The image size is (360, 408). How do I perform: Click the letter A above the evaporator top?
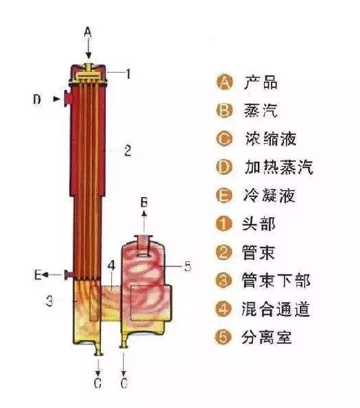point(87,31)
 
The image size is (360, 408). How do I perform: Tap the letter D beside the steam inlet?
point(37,100)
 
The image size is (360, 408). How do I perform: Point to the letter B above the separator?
point(144,202)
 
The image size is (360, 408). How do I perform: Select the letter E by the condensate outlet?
point(38,275)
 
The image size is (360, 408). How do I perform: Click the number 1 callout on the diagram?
point(127,71)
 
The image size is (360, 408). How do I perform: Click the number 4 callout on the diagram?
point(111,265)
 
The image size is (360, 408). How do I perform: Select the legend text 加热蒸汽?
point(278,167)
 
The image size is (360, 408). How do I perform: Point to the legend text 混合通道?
point(278,309)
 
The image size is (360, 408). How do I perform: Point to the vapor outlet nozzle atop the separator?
point(144,242)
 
